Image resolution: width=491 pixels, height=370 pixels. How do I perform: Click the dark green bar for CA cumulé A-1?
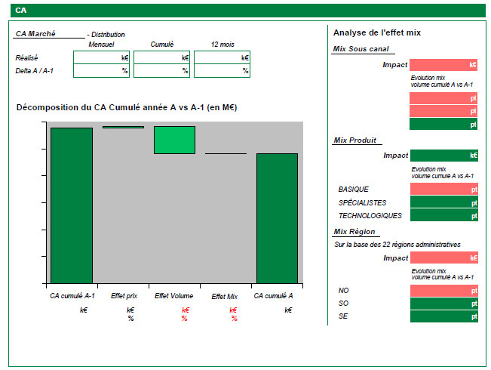(x=72, y=205)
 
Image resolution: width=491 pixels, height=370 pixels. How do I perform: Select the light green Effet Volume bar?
(x=174, y=140)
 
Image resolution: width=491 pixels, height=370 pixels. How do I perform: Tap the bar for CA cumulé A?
(x=277, y=218)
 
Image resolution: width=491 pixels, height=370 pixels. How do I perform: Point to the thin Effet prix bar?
(x=124, y=127)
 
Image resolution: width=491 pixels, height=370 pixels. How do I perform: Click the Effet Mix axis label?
(x=225, y=296)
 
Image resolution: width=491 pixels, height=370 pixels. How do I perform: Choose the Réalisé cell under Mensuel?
(x=102, y=57)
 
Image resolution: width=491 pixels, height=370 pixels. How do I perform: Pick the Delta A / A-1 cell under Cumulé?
(x=161, y=70)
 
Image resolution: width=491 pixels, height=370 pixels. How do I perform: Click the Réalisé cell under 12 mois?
(x=222, y=57)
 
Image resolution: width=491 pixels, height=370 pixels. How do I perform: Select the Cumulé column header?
(x=162, y=45)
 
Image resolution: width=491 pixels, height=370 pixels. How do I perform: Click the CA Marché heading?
(x=35, y=33)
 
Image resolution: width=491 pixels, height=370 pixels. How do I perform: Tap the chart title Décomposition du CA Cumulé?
(x=127, y=107)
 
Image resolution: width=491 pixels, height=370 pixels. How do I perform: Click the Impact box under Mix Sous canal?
(x=443, y=65)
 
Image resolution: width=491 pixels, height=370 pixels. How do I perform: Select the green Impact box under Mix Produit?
(x=444, y=156)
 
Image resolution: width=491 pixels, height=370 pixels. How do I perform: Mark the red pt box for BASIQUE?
(x=444, y=189)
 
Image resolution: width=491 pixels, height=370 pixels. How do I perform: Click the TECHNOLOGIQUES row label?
(x=370, y=216)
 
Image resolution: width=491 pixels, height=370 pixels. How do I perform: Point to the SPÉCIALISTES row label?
(x=362, y=203)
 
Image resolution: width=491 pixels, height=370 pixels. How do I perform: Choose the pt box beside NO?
(x=444, y=291)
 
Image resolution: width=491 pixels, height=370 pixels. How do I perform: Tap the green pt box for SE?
(x=444, y=316)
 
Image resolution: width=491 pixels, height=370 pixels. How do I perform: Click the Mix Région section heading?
(x=354, y=231)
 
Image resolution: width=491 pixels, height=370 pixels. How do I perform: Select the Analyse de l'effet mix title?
(x=377, y=32)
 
